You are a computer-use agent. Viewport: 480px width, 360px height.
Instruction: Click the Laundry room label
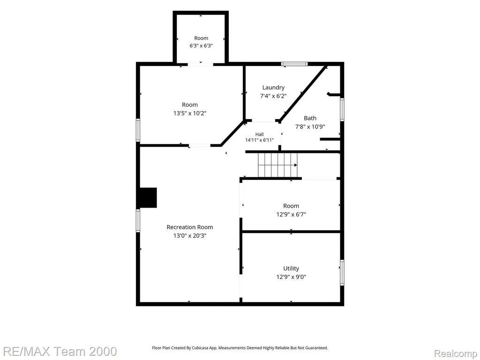click(x=273, y=88)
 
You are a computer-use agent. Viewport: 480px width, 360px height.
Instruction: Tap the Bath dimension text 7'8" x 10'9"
click(x=310, y=127)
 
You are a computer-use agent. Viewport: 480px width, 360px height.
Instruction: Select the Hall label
click(x=259, y=135)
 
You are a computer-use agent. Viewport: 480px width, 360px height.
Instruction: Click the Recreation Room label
click(x=190, y=227)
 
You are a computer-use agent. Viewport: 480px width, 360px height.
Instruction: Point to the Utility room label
click(x=291, y=269)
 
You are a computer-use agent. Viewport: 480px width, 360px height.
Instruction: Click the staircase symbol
click(x=277, y=165)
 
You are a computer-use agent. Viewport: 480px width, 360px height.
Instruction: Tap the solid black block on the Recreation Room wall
click(x=148, y=197)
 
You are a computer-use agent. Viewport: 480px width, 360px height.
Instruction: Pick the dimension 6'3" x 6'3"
click(x=201, y=46)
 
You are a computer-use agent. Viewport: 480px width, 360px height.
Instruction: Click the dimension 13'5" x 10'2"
click(x=190, y=113)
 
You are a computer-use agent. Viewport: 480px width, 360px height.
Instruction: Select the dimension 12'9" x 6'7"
click(x=291, y=215)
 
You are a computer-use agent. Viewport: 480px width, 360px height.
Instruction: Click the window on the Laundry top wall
click(x=294, y=64)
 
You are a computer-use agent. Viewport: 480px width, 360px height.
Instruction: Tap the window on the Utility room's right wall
click(x=342, y=273)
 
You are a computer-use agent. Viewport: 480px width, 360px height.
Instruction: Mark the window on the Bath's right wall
click(x=342, y=109)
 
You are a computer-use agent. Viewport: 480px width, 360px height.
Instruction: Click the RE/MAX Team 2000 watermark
click(x=59, y=351)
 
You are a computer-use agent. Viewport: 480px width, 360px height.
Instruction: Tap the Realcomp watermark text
click(x=456, y=353)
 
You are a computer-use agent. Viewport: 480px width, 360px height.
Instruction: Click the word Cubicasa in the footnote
click(x=200, y=348)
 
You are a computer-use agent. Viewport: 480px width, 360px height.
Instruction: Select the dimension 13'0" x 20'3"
click(x=190, y=236)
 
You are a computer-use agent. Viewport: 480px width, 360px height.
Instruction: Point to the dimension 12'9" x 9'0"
click(x=291, y=277)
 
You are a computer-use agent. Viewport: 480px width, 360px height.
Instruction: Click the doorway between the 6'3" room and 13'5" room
click(x=201, y=64)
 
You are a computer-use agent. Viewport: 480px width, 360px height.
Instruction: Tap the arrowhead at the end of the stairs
click(x=296, y=165)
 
